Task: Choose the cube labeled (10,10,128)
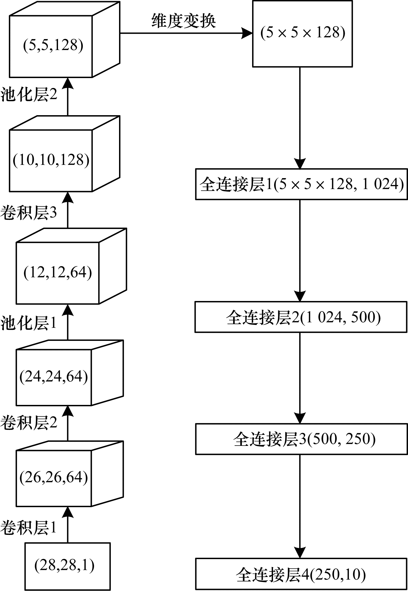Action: tap(51, 160)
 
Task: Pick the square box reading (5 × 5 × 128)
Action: tap(302, 34)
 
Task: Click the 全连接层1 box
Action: tap(301, 184)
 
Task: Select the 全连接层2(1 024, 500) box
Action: tap(301, 317)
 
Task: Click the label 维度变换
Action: tap(184, 21)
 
